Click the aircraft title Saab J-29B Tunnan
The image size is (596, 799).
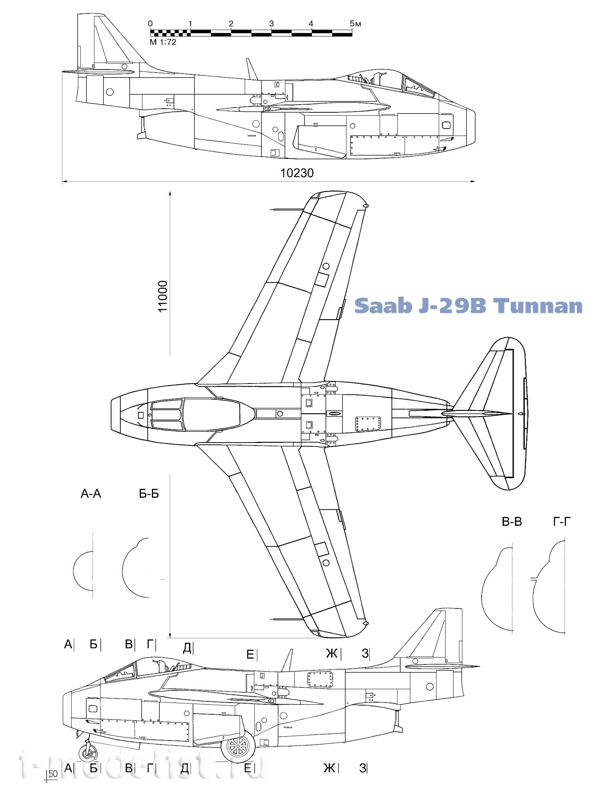(x=468, y=306)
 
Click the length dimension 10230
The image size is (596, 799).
(x=297, y=173)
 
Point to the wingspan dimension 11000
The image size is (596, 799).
(x=163, y=296)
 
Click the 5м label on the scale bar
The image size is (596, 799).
(x=355, y=24)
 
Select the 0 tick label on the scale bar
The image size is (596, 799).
(x=150, y=24)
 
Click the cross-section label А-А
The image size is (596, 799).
(x=91, y=494)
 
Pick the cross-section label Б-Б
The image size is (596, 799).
(x=149, y=494)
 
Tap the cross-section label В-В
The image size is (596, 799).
(x=512, y=522)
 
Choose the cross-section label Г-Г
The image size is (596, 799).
(x=562, y=522)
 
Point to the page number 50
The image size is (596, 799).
(x=53, y=774)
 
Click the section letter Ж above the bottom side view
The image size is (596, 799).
(x=331, y=654)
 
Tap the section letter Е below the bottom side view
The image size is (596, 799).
(x=248, y=768)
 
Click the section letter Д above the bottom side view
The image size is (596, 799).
(x=187, y=648)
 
